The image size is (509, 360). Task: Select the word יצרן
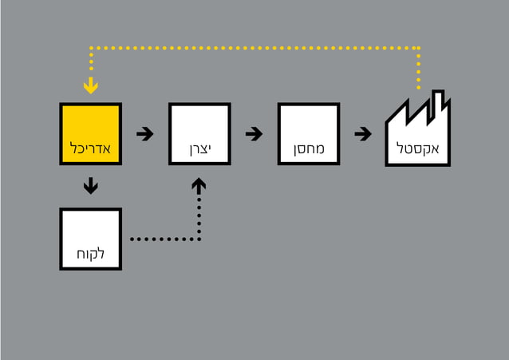coord(199,149)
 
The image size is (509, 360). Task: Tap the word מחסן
coord(309,149)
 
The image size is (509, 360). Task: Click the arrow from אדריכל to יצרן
coord(144,133)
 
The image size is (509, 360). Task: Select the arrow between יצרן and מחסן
coord(254,133)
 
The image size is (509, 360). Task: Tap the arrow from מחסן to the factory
coord(363,133)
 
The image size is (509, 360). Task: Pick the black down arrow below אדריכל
coord(91,187)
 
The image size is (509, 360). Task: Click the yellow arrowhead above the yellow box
coord(91,85)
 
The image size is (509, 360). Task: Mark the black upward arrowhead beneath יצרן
coord(199,185)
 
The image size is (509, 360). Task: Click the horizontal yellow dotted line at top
coord(255,48)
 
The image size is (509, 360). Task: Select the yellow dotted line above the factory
coord(418,68)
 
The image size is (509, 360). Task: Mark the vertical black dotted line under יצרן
coord(199,216)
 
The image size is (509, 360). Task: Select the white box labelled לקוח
coord(90,231)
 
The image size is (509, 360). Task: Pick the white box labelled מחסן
coord(309,128)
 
